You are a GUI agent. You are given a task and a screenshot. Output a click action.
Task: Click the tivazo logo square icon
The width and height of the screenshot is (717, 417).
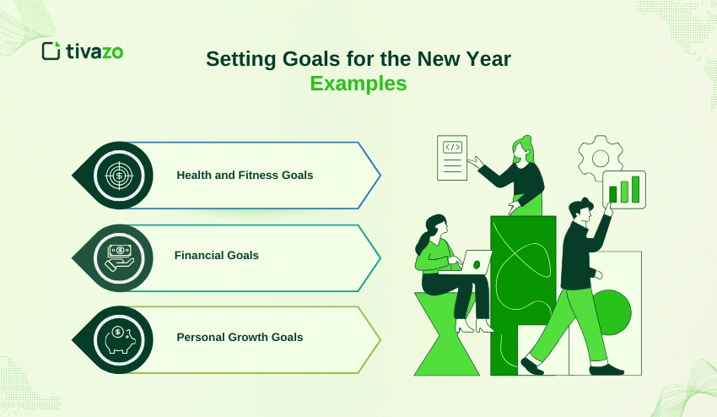[x=51, y=51]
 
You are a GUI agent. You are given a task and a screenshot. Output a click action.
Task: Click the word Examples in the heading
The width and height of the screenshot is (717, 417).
[x=358, y=84]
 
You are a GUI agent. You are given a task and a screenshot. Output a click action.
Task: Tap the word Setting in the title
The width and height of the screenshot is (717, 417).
[x=241, y=59]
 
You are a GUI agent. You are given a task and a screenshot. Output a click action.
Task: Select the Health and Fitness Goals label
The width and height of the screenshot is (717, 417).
[x=245, y=176]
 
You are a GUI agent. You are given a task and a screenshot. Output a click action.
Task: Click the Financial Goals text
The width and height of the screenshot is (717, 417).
[x=216, y=256]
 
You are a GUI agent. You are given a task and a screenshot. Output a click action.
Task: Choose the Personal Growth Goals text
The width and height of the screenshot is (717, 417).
[x=240, y=338]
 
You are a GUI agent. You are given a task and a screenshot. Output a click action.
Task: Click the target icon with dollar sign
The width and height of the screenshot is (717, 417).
[x=119, y=176]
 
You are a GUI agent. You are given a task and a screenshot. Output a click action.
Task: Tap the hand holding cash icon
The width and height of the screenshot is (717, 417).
[x=119, y=257]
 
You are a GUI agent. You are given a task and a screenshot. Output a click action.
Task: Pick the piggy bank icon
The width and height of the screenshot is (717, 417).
[x=120, y=339]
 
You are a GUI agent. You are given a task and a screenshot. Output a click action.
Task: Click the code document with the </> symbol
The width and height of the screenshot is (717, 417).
[x=452, y=158]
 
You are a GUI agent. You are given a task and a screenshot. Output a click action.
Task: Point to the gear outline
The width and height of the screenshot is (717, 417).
[x=601, y=158]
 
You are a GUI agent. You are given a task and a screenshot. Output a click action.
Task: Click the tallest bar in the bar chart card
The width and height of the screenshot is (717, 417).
[x=635, y=189]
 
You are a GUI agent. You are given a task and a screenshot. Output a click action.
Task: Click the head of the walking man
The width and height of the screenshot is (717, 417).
[x=580, y=211]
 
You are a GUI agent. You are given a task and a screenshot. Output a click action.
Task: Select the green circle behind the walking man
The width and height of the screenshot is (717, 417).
[x=612, y=312]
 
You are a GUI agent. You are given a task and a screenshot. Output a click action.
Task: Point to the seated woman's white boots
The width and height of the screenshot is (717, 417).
[x=474, y=326]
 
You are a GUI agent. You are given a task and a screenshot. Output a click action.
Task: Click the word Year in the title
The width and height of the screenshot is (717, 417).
[x=488, y=59]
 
